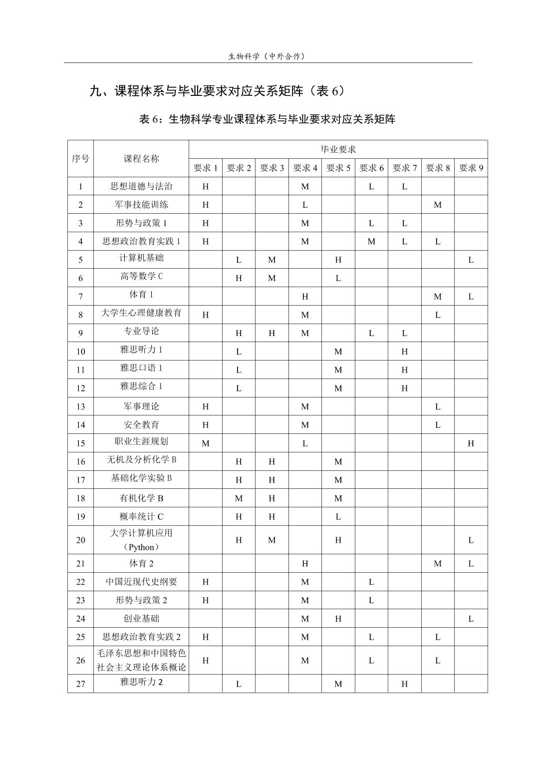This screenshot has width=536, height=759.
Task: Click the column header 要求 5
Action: point(338,168)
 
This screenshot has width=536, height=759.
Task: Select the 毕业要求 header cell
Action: point(338,149)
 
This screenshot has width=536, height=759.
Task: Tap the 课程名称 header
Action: point(141,159)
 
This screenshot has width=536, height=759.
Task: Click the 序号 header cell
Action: point(80,159)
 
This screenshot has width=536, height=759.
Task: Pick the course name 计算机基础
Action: point(141,258)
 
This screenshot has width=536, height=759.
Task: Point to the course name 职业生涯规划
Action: point(141,441)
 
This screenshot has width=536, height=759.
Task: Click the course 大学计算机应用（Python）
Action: point(141,540)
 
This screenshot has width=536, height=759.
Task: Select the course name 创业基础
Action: point(141,619)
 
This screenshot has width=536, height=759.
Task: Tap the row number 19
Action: point(80,517)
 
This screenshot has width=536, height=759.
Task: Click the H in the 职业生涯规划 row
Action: point(471,443)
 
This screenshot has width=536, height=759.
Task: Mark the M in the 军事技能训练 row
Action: point(437,205)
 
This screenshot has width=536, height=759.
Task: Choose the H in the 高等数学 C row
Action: point(239,278)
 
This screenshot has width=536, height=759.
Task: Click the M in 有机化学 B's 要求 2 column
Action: point(239,498)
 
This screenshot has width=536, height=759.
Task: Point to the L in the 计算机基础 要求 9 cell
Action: point(471,260)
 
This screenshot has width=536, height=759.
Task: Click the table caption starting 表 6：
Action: point(267,119)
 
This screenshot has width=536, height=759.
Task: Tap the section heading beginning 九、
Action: point(217,91)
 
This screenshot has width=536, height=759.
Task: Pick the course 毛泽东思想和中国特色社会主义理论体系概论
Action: point(141,661)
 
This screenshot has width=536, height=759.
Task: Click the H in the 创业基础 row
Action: point(338,619)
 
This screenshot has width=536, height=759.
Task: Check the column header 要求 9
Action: point(471,168)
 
